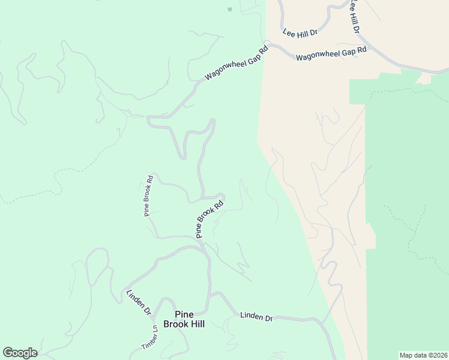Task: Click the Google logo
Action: tap(20, 353)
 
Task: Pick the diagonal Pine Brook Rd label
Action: tap(210, 219)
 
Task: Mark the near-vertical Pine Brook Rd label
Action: tap(149, 195)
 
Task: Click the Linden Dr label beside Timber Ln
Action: tap(139, 302)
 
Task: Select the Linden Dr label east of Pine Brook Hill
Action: tap(256, 316)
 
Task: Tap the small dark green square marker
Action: tap(229, 9)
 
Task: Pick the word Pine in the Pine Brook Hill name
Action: tap(184, 314)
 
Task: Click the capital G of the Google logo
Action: tap(8, 352)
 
